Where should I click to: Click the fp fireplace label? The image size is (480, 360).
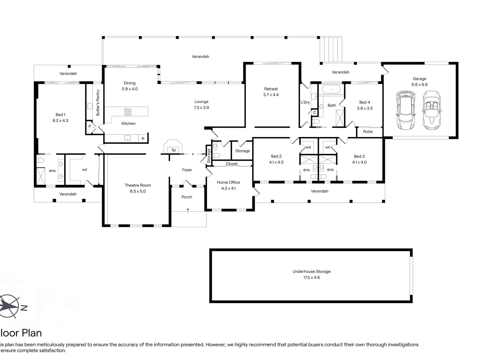click(x=174, y=150)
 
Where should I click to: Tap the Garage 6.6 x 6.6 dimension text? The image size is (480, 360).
click(x=419, y=85)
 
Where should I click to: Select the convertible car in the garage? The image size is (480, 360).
click(x=432, y=110)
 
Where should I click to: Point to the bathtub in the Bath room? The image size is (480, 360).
click(x=331, y=89)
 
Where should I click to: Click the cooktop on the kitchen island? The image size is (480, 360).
click(x=128, y=112)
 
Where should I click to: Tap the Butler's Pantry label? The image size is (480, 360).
click(x=98, y=103)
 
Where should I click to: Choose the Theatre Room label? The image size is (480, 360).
click(x=138, y=185)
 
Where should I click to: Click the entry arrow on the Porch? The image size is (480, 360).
click(x=188, y=211)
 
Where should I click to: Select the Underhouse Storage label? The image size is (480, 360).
click(x=312, y=271)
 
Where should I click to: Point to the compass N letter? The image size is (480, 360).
click(x=24, y=308)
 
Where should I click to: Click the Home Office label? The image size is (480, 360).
click(x=228, y=182)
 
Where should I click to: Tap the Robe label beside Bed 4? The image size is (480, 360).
click(x=368, y=132)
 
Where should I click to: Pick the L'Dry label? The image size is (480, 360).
click(x=305, y=102)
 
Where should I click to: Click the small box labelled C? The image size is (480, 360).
click(x=314, y=112)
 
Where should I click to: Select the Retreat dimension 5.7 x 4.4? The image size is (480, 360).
click(x=271, y=95)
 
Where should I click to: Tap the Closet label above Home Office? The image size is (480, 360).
click(x=232, y=163)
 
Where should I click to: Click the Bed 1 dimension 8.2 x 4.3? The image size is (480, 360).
click(x=60, y=121)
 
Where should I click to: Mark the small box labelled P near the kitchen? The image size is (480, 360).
click(x=90, y=126)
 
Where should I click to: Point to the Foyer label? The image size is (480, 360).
click(x=187, y=170)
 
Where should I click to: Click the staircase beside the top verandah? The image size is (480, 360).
click(x=331, y=49)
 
